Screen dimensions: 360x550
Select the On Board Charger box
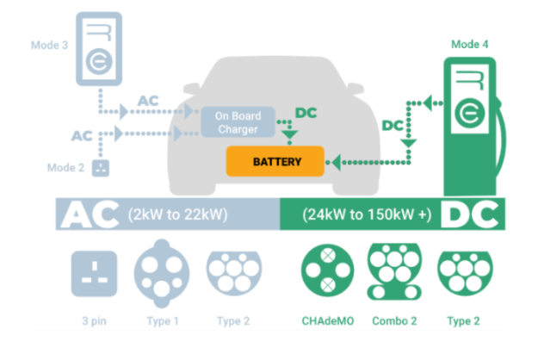point(238,121)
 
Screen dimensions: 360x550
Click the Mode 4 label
point(469,44)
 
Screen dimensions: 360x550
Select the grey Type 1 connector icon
point(161,273)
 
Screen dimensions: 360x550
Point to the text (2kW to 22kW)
point(176,214)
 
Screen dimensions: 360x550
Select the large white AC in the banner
point(88,214)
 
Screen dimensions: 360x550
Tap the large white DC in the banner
point(468,214)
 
